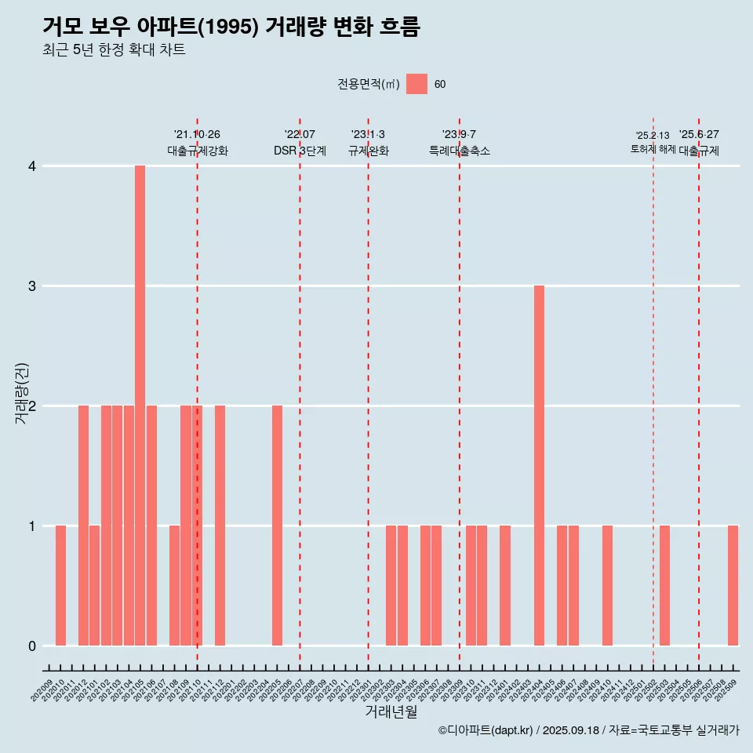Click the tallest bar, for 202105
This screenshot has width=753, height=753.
click(x=140, y=406)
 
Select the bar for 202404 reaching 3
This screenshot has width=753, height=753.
click(x=539, y=466)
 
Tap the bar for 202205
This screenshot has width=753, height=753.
click(x=277, y=526)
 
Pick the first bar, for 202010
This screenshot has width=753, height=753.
click(x=60, y=586)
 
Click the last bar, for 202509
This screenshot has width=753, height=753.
click(x=733, y=586)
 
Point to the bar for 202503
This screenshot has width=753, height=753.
click(x=664, y=586)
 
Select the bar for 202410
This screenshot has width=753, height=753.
click(x=607, y=586)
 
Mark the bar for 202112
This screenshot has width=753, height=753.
click(x=220, y=526)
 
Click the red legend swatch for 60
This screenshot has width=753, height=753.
click(x=417, y=84)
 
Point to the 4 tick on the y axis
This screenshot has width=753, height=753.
click(x=32, y=166)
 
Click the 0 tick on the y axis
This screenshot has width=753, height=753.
click(x=32, y=646)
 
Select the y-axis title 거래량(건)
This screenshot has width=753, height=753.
click(x=22, y=393)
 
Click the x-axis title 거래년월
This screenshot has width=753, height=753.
click(x=391, y=711)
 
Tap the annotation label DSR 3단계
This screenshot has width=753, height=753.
click(x=300, y=151)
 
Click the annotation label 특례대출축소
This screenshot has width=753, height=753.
click(x=459, y=151)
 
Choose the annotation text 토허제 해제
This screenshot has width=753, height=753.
click(x=653, y=149)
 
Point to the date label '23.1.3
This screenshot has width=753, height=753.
click(x=368, y=134)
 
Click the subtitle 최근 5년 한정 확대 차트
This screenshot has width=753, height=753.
click(x=114, y=50)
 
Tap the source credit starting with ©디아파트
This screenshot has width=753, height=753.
click(x=588, y=730)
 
